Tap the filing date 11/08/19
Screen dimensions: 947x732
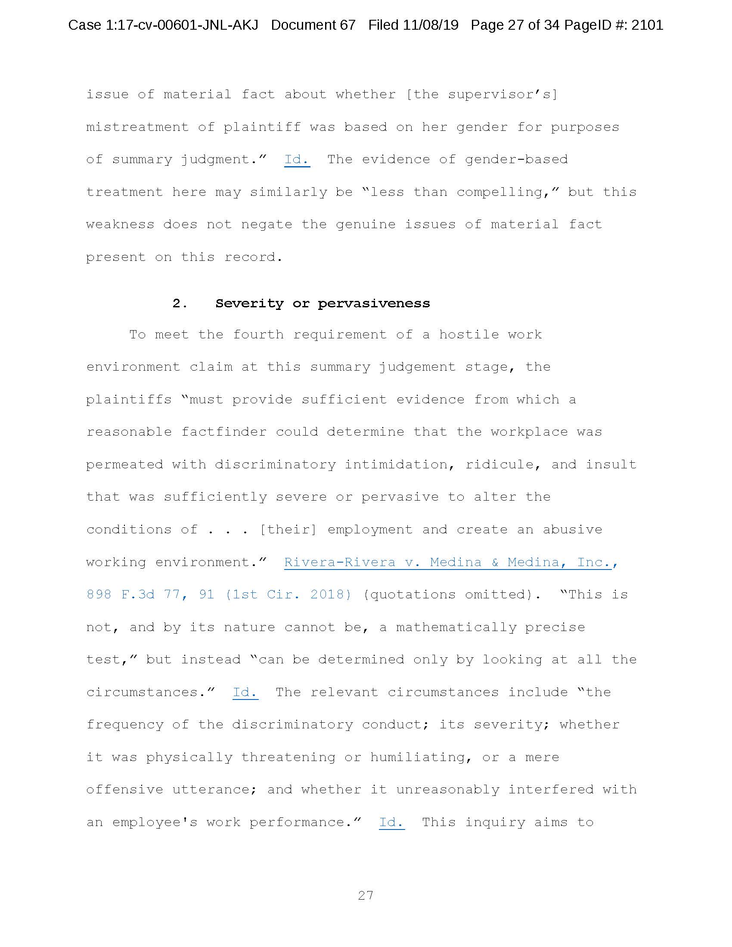[430, 25]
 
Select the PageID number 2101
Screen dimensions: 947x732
[647, 25]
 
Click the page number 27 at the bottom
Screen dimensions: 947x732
[366, 895]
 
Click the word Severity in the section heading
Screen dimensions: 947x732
[249, 303]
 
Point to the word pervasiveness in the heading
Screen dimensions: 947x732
[374, 303]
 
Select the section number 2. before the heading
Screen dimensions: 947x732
[180, 303]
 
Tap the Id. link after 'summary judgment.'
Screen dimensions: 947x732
[297, 160]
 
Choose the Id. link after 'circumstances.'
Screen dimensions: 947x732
[245, 692]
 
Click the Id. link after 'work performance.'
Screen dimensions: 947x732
[391, 822]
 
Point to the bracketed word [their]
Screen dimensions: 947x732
[288, 529]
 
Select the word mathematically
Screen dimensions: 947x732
[456, 627]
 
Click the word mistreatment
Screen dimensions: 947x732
[137, 127]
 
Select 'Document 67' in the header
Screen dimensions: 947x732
[313, 25]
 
